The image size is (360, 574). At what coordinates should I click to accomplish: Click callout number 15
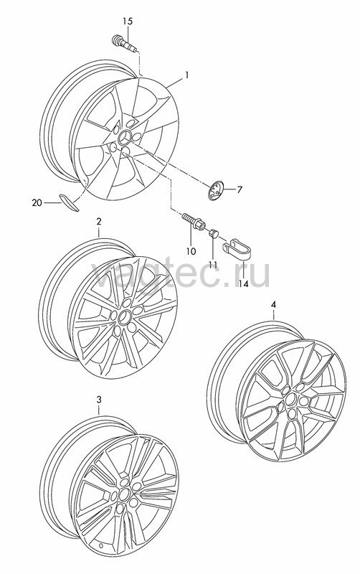(128, 22)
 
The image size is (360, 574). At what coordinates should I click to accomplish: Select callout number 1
(186, 75)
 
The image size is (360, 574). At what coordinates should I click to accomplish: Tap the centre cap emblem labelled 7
(215, 191)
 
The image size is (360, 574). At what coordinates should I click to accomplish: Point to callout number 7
(240, 190)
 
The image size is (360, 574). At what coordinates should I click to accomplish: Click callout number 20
(37, 202)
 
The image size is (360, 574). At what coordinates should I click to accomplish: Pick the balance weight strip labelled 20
(68, 202)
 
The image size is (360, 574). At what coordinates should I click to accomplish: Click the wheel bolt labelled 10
(193, 221)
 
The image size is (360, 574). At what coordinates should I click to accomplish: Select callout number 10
(191, 251)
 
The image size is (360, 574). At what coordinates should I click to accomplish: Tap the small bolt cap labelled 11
(213, 232)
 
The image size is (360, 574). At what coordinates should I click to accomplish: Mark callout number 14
(243, 283)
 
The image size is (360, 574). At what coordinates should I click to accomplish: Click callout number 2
(99, 221)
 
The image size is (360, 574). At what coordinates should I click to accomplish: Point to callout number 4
(273, 304)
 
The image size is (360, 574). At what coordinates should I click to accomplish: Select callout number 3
(98, 400)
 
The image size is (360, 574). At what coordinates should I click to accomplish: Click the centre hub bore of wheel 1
(123, 137)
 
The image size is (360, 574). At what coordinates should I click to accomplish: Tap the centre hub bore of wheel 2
(124, 316)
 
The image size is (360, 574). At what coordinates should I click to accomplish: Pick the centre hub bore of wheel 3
(125, 493)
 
